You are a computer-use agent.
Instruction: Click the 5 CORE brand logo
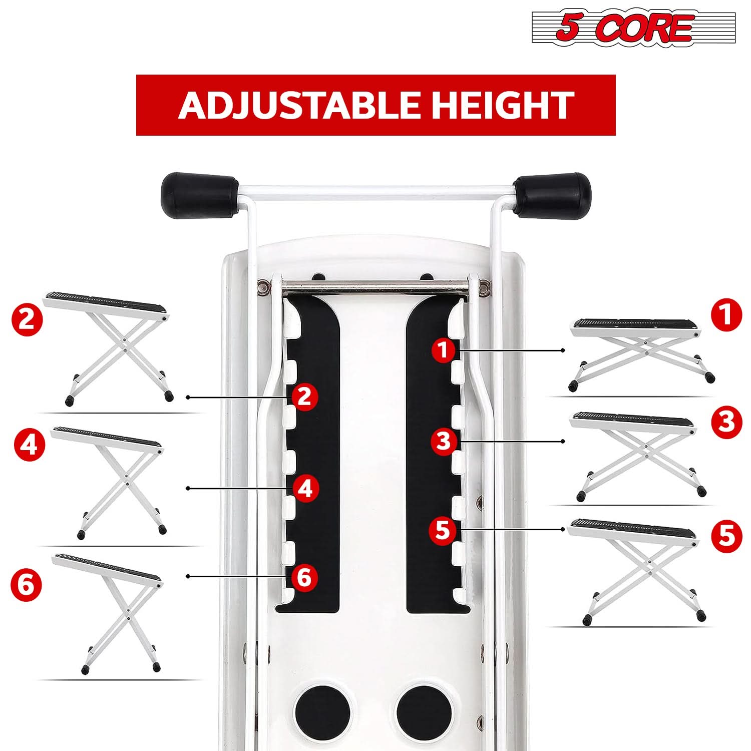(633, 28)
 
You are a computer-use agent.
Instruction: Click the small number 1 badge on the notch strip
(443, 349)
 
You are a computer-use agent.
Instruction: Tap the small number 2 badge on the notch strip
(304, 397)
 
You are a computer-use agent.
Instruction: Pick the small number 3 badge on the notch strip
(444, 441)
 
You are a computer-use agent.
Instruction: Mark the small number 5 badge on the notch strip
(443, 529)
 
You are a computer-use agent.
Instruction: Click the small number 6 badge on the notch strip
(304, 577)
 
